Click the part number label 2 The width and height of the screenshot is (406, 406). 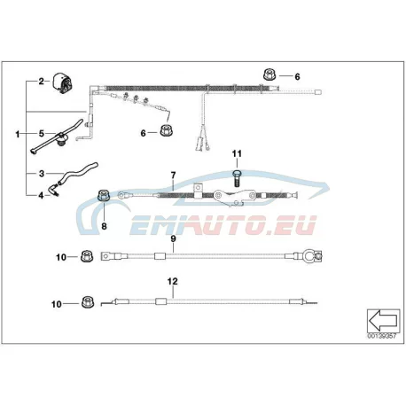(x=41, y=82)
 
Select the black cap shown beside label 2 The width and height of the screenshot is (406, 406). (x=63, y=83)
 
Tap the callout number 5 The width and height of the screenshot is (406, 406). (x=42, y=134)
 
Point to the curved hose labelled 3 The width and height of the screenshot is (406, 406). (x=78, y=173)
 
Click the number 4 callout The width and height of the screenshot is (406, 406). (x=41, y=195)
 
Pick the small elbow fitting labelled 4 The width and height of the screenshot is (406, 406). (x=53, y=190)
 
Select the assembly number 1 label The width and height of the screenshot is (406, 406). (x=18, y=135)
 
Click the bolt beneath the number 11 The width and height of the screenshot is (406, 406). (x=238, y=177)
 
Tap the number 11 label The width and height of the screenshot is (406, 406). (x=237, y=153)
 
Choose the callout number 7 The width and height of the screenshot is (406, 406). (x=173, y=175)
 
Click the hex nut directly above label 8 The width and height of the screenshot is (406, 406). (x=104, y=196)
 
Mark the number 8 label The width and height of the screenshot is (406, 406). (x=104, y=226)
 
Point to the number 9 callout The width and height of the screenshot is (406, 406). (x=173, y=238)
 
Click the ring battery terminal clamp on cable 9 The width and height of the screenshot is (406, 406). (x=312, y=255)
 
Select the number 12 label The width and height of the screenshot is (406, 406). (x=173, y=281)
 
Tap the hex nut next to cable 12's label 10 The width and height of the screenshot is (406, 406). (x=88, y=301)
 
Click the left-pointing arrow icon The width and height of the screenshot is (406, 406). (x=383, y=320)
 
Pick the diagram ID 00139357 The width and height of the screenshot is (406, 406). (x=381, y=336)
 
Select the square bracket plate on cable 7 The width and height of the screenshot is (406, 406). (x=198, y=188)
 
